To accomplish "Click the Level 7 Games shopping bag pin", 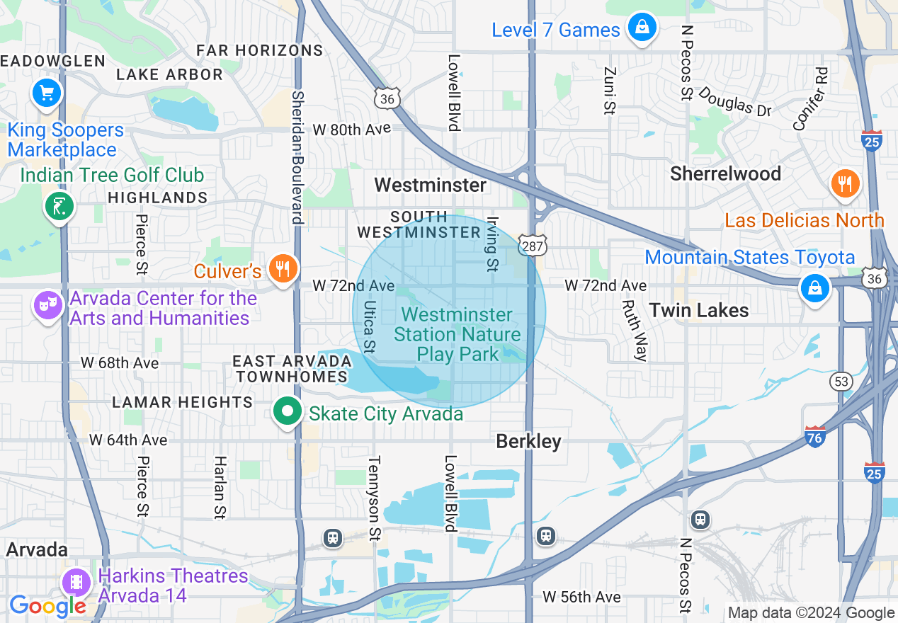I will (x=642, y=28).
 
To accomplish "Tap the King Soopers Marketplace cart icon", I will (x=47, y=93).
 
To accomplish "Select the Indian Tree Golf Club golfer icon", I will (x=59, y=207).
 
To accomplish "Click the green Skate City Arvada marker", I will (x=288, y=412).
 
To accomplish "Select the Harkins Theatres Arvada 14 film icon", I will (x=75, y=583).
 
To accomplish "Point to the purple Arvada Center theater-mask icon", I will (x=48, y=306).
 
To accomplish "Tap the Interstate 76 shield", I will (x=815, y=437).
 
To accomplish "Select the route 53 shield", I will (x=841, y=382).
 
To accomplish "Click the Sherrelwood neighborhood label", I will (x=725, y=173).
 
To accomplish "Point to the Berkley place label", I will (x=528, y=442).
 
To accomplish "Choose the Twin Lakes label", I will (x=698, y=310).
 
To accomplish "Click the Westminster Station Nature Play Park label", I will (x=457, y=334).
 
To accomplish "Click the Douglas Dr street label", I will (x=734, y=101).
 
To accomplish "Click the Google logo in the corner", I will (x=47, y=606).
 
